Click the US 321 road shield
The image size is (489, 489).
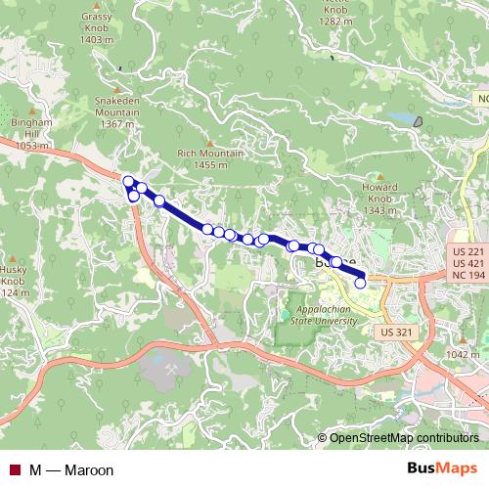coord(393,333)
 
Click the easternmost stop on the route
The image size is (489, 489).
coord(360,283)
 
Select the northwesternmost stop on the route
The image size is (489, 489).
coord(127,181)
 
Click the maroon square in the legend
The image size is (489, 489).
coord(14,470)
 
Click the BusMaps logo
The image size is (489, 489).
coord(442,468)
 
